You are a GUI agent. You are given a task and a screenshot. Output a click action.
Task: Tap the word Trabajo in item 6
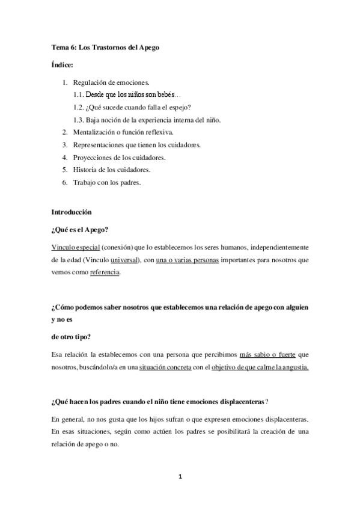(x=85, y=183)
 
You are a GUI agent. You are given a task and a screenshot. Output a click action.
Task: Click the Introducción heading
(x=72, y=212)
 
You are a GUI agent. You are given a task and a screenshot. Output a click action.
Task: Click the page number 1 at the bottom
(x=180, y=476)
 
